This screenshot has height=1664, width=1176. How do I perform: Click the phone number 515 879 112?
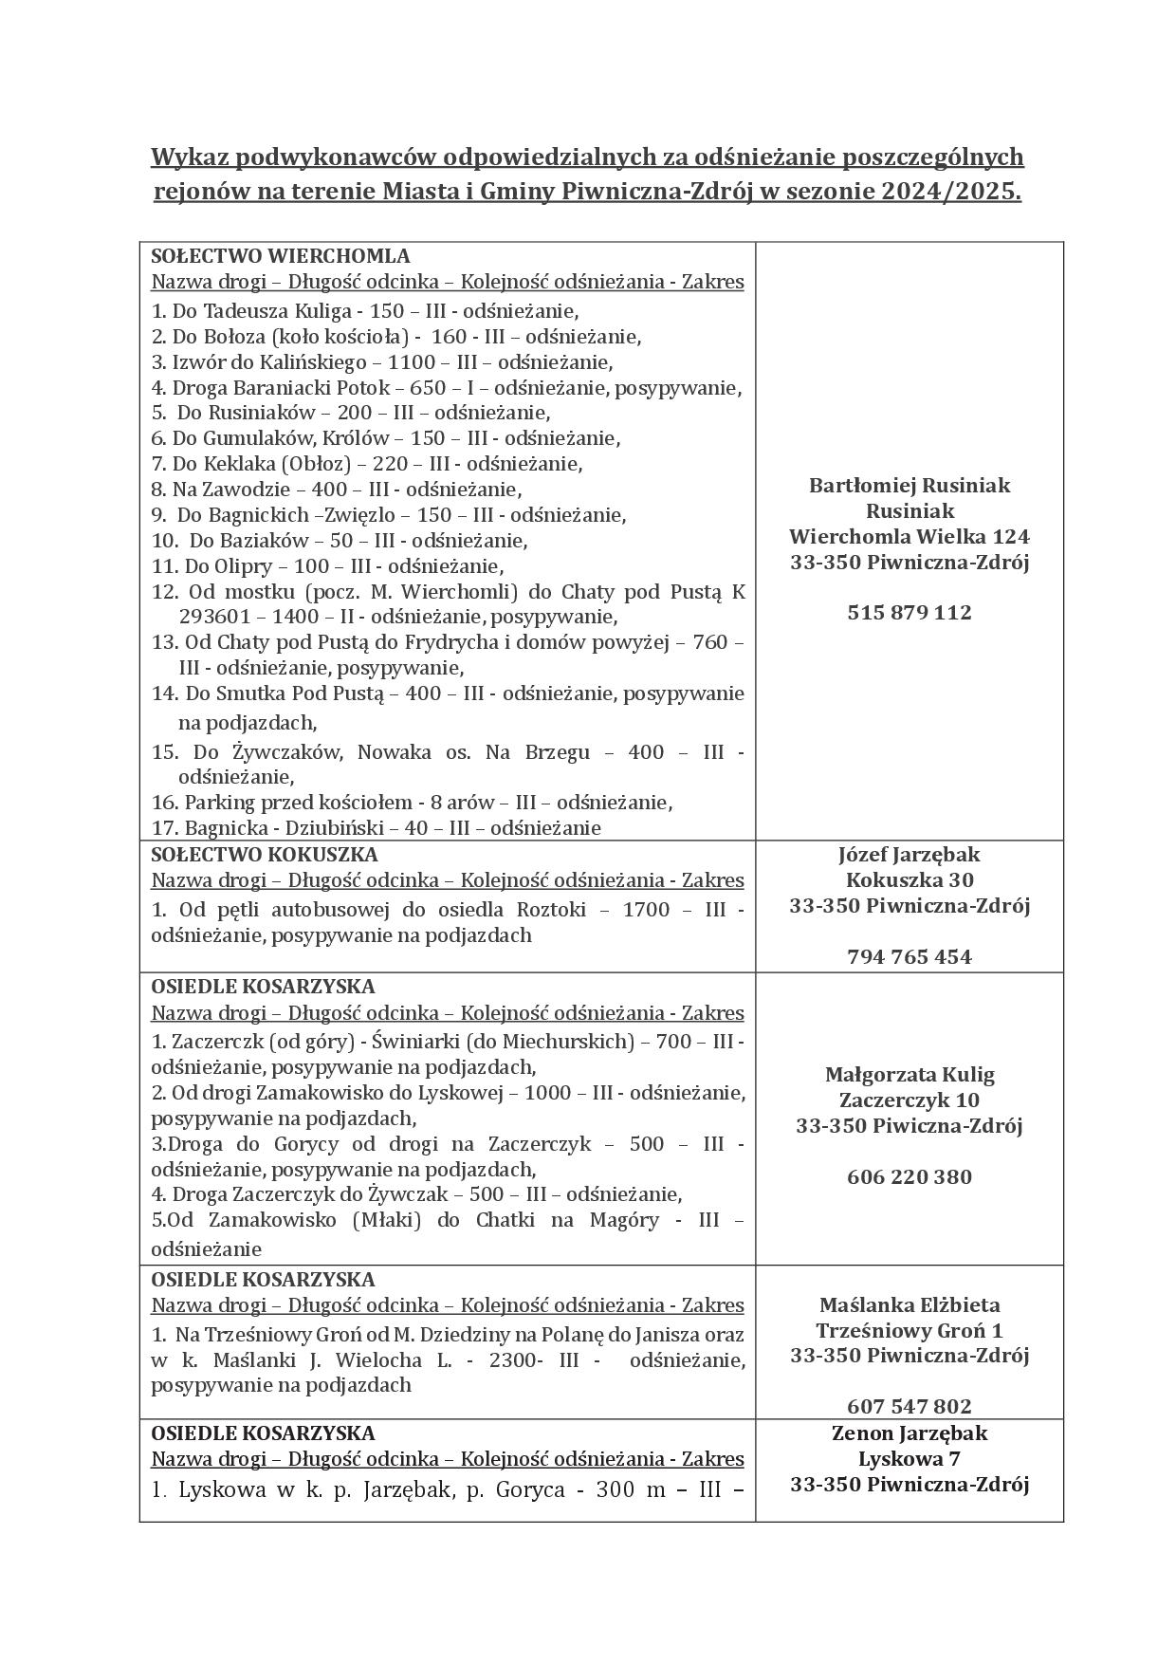pos(909,613)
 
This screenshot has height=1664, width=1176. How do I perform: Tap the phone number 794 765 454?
pos(909,956)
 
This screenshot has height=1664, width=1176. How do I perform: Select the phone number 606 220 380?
pos(909,1177)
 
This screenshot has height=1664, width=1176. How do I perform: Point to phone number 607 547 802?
pos(909,1406)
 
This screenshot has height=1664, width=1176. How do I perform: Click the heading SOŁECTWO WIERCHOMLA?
pos(281,256)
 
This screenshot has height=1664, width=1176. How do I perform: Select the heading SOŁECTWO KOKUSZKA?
pos(265,855)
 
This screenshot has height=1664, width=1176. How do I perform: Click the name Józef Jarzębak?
pos(909,855)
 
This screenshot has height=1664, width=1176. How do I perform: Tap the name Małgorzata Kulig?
pos(909,1075)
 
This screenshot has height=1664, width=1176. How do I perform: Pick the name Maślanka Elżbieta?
pos(909,1305)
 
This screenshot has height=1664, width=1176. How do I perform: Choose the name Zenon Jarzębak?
pos(909,1433)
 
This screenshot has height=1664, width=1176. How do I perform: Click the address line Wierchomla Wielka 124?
pos(909,536)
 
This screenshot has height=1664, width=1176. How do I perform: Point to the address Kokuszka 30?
pos(909,879)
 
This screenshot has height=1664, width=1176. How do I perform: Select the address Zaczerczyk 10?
pos(909,1100)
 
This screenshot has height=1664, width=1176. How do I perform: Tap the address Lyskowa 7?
pos(909,1459)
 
